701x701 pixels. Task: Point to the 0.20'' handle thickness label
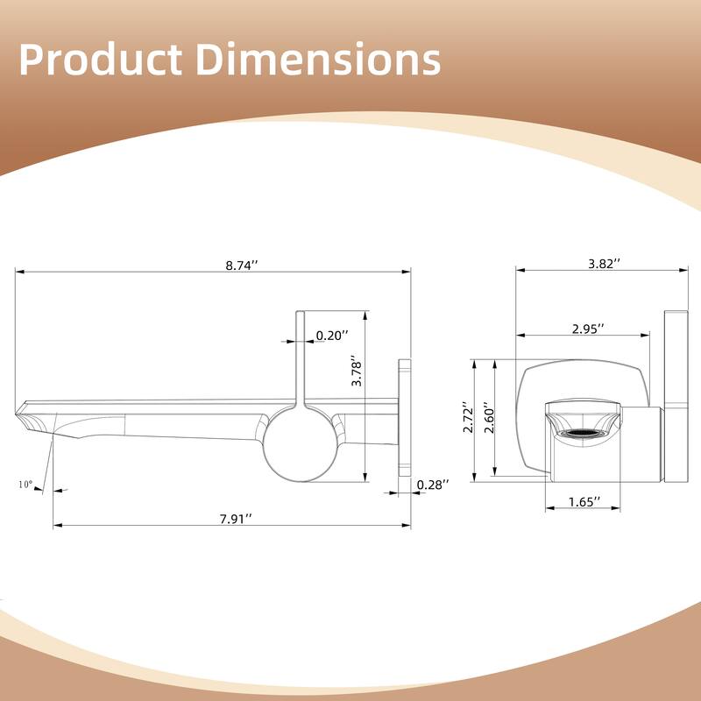point(331,335)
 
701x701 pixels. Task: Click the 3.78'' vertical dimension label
point(356,372)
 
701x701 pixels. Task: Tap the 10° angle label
point(24,484)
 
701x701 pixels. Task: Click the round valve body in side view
point(299,443)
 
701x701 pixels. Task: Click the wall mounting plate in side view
point(405,416)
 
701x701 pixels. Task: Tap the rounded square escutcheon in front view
point(535,412)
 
